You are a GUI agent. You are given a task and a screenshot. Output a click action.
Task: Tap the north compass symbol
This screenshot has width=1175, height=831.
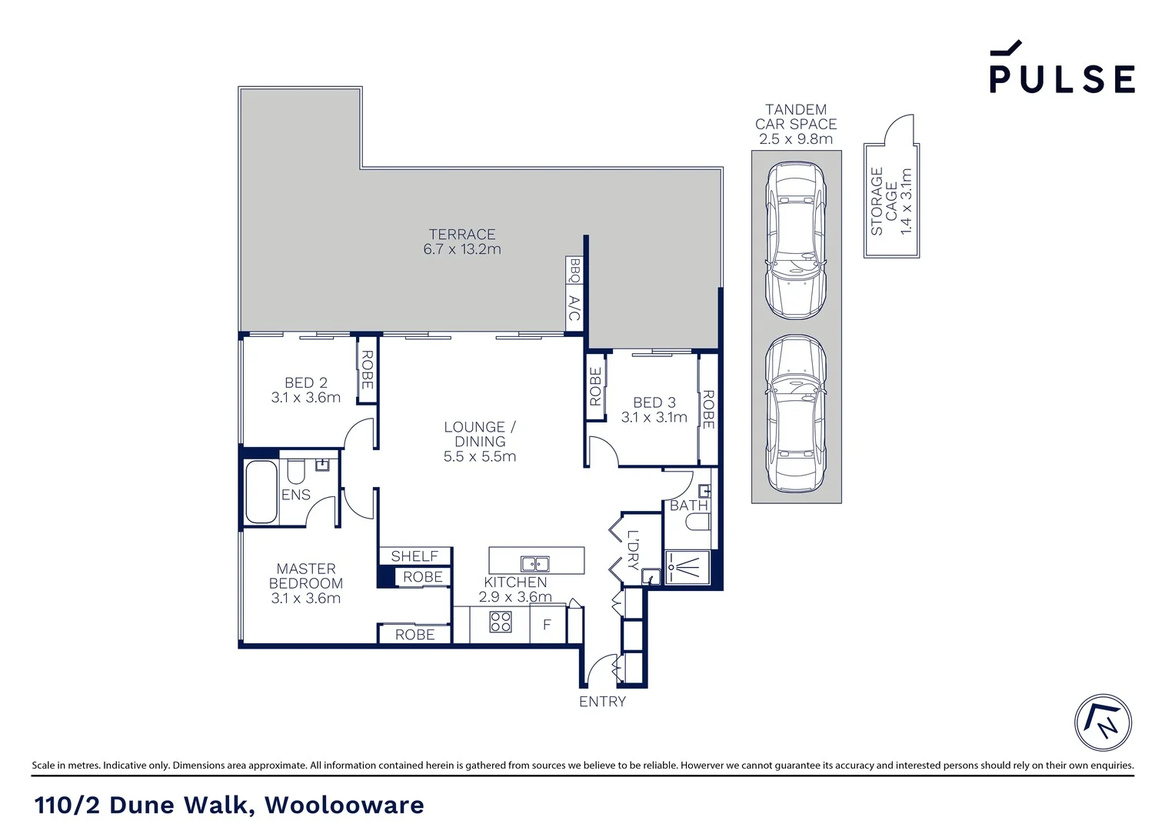tap(1103, 723)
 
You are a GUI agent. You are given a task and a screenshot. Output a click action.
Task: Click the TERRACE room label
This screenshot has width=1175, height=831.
tap(461, 235)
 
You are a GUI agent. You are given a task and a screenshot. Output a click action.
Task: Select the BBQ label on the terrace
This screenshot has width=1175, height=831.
tap(574, 271)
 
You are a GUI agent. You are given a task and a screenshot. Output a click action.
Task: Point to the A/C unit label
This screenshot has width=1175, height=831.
tap(574, 309)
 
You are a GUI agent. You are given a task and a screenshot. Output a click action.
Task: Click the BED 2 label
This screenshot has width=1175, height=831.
tap(305, 382)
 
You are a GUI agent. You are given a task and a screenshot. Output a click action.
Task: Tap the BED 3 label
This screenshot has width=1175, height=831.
tap(654, 402)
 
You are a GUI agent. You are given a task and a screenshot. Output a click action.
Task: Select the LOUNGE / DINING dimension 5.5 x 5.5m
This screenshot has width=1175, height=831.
tap(479, 456)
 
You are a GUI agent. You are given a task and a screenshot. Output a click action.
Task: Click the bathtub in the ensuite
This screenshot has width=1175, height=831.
tap(261, 492)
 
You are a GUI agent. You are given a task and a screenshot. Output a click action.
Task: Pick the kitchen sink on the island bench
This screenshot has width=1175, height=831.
tap(534, 562)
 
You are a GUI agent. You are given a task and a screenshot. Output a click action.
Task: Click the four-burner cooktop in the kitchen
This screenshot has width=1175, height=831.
tap(501, 621)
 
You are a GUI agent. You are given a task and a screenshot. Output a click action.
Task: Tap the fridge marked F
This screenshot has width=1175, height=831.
tap(547, 625)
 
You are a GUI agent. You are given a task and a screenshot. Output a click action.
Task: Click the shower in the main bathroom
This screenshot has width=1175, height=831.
tap(687, 568)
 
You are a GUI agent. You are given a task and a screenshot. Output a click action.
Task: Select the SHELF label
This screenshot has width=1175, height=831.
tap(414, 556)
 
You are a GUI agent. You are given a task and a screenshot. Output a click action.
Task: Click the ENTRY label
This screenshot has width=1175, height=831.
tap(602, 702)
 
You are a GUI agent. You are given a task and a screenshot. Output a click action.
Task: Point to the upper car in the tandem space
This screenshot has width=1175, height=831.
tap(795, 240)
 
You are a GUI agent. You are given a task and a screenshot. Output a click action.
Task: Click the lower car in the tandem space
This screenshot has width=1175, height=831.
tap(795, 413)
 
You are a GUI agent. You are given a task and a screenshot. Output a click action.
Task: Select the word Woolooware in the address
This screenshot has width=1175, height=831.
tap(344, 805)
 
